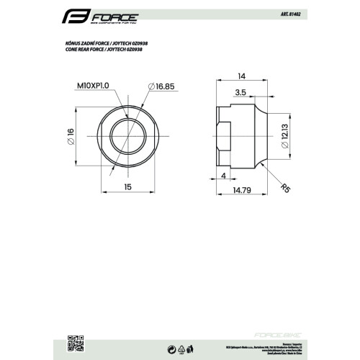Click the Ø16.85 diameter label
161,86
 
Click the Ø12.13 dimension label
286,134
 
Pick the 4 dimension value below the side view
225,175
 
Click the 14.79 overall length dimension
242,190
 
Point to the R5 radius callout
285,189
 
